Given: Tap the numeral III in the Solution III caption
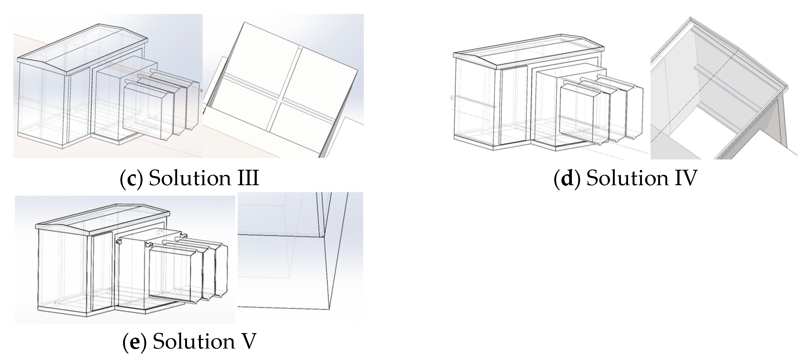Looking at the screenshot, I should pos(245,179).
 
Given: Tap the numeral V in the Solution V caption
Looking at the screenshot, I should pos(249,341).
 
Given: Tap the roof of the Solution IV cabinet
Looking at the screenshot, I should pos(529,51).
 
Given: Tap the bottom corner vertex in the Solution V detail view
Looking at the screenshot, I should pos(329,309).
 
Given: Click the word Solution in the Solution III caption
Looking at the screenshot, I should pos(190,179).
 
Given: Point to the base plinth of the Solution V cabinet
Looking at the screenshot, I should pos(78,312).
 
